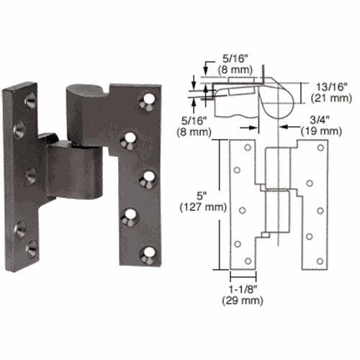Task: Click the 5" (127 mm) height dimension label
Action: coord(203,202)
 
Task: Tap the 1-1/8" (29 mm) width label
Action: coord(243,295)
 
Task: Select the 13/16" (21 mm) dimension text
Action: coord(331,92)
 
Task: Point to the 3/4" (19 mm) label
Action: coord(322,125)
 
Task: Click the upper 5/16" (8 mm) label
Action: coord(235,64)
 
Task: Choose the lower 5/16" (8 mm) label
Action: coord(194,126)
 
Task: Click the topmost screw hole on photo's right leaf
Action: coord(148,101)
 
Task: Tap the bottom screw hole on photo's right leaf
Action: coord(148,254)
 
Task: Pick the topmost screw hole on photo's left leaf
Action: coord(30,100)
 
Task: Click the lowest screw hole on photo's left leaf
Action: coord(32,249)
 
